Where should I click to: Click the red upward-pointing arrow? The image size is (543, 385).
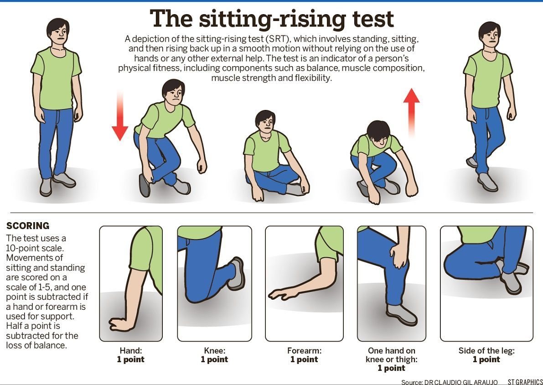tap(411, 111)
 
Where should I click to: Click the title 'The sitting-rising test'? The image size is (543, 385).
tap(272, 19)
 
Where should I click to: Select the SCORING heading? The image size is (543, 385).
tap(28, 226)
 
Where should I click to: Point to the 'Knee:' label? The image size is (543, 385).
tap(214, 351)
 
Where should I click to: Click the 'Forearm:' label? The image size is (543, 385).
tap(304, 351)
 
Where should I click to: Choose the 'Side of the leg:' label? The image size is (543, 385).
tap(486, 351)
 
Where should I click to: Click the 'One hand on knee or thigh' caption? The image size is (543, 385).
tap(392, 355)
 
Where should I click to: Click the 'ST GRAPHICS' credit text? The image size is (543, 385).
tap(525, 381)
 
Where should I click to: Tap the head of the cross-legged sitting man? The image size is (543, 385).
tap(265, 121)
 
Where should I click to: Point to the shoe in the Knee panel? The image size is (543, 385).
tap(236, 274)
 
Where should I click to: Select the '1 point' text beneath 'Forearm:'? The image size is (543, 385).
tap(304, 359)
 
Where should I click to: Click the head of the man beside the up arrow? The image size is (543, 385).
tap(378, 133)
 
